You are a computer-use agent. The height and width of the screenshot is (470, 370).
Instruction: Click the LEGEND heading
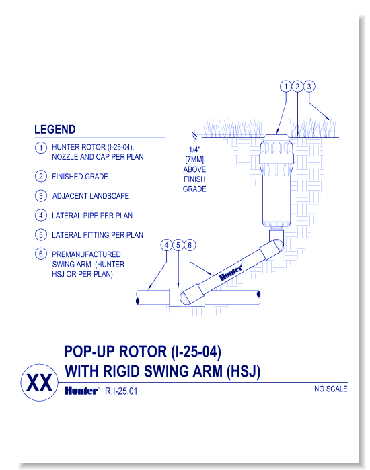(x=55, y=130)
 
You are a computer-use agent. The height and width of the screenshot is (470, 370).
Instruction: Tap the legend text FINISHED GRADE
(x=79, y=177)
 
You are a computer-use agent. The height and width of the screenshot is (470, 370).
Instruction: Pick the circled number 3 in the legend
(x=41, y=196)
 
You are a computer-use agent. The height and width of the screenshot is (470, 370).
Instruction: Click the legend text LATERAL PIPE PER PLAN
(x=91, y=216)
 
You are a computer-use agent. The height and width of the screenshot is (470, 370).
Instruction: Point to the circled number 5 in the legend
(x=41, y=235)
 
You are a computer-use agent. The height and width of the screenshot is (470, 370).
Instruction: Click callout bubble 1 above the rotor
(x=285, y=87)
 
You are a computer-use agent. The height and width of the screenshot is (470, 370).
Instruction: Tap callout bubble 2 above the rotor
(x=297, y=87)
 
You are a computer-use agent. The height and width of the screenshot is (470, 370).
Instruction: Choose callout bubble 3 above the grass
(x=309, y=87)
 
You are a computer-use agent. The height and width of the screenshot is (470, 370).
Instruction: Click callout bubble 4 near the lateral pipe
(x=165, y=245)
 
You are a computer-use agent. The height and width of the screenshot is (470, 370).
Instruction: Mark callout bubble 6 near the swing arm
(x=190, y=245)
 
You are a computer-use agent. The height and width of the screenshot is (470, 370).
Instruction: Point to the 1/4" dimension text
(x=194, y=151)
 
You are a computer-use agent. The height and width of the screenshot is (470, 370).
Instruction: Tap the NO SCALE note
(x=330, y=390)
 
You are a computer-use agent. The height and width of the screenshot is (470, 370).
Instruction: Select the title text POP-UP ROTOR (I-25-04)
(x=142, y=352)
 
